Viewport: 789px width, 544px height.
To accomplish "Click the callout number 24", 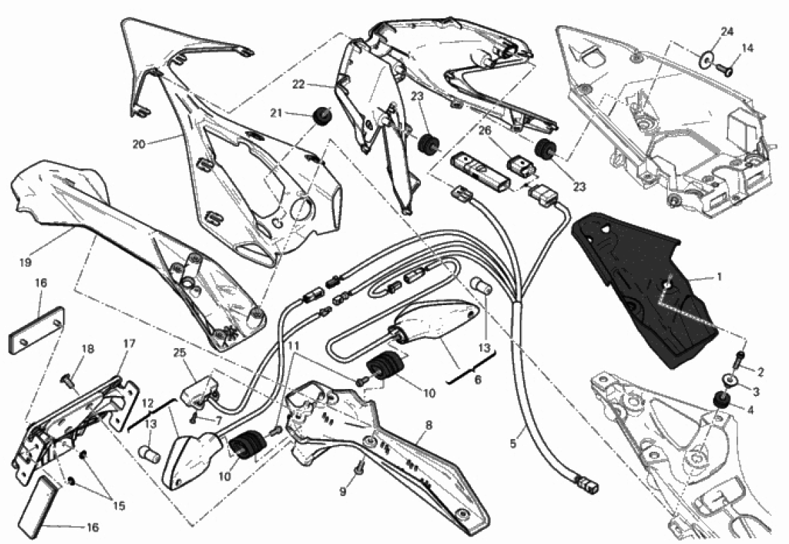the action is [727, 32].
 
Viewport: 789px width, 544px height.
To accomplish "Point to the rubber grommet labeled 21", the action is [321, 117].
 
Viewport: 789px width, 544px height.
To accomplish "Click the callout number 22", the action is [299, 85].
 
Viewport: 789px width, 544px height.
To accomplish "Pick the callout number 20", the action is [139, 144].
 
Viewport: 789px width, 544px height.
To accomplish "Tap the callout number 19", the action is [25, 262].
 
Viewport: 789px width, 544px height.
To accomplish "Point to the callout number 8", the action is [429, 426].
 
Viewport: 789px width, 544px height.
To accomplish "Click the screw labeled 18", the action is [66, 378].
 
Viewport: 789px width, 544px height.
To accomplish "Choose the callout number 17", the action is [129, 344].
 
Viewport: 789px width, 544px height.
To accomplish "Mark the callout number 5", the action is [513, 443].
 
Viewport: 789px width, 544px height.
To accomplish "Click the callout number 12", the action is [147, 403].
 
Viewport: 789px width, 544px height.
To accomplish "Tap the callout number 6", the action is [477, 380].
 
